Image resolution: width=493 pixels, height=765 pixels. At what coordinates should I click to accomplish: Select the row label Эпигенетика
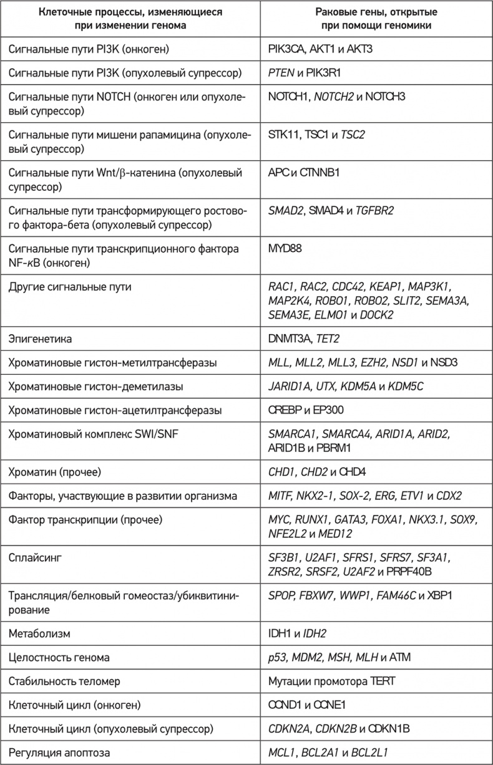tap(40, 339)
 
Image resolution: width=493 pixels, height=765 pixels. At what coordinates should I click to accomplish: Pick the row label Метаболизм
tap(39, 633)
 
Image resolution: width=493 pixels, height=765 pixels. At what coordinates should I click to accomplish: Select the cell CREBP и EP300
tap(305, 410)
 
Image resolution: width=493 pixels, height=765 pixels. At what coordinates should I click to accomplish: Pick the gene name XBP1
tap(439, 595)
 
